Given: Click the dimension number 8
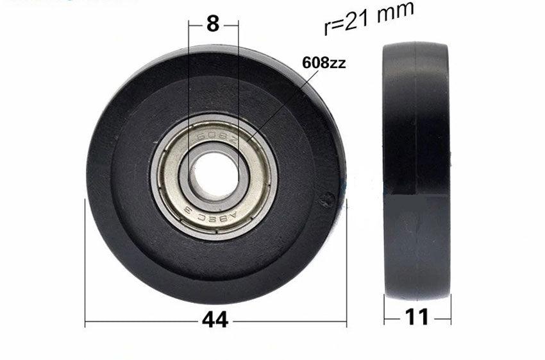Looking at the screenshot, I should point(213,24).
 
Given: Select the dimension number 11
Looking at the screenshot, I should point(417,316).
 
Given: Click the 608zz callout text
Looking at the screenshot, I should point(324,63).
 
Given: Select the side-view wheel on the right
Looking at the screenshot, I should point(416,171).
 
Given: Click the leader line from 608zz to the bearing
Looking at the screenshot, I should point(282,103).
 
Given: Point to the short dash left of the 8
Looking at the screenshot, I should point(196,24).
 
